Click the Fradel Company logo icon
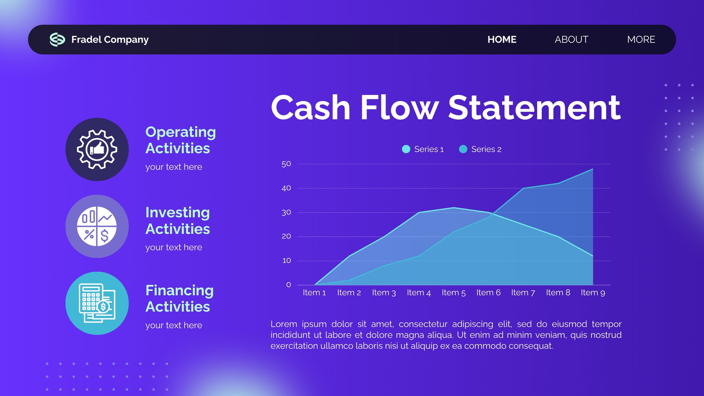tap(58, 40)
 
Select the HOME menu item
tap(502, 40)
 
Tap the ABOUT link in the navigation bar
tap(572, 40)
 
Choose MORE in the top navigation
tap(641, 40)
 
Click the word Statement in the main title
tap(534, 107)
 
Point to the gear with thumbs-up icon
tap(97, 150)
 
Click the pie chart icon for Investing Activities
tap(97, 226)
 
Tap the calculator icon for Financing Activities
tap(97, 303)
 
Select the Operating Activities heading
tap(180, 140)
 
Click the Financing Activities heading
tap(180, 299)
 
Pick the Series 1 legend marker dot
tap(406, 149)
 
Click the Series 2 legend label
tap(486, 149)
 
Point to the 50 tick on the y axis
tap(286, 164)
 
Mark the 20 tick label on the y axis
tap(286, 236)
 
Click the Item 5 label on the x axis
tap(454, 293)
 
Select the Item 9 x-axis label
tap(593, 293)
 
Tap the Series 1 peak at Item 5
tap(454, 207)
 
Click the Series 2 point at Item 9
tap(593, 169)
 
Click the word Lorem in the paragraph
tap(284, 324)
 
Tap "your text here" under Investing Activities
tap(174, 248)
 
